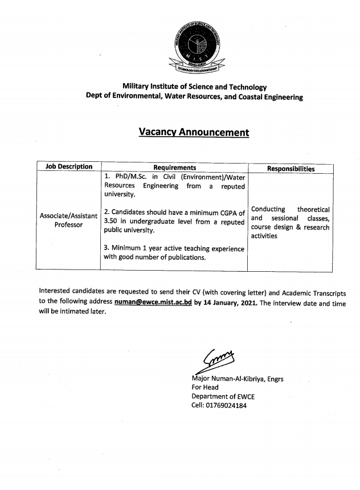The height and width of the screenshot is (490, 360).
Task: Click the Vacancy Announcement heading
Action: coord(194,133)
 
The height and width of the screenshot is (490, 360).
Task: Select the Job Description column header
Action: coord(68,167)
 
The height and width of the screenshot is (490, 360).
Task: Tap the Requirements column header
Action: coord(174,168)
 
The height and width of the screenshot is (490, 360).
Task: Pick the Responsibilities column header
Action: coord(291,169)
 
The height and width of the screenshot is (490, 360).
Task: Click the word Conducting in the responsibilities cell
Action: coord(268,210)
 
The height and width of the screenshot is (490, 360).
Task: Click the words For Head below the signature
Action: coord(205,387)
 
